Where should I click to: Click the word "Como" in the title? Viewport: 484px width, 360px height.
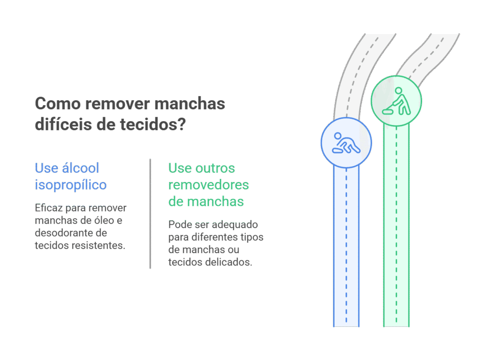pyautogui.click(x=58, y=104)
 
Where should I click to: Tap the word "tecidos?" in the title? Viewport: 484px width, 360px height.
pyautogui.click(x=153, y=124)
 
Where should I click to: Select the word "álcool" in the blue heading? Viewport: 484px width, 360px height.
pyautogui.click(x=80, y=168)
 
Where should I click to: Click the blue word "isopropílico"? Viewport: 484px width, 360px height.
pyautogui.click(x=71, y=185)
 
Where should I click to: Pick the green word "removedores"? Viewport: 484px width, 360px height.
pyautogui.click(x=208, y=185)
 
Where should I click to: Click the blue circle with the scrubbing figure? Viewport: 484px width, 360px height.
pyautogui.click(x=346, y=143)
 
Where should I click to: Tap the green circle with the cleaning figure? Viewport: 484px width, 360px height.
pyautogui.click(x=397, y=101)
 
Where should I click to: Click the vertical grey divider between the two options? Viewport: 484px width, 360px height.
pyautogui.click(x=150, y=213)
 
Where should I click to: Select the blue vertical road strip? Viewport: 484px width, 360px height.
pyautogui.click(x=346, y=246)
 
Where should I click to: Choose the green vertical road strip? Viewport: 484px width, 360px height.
pyautogui.click(x=397, y=226)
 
